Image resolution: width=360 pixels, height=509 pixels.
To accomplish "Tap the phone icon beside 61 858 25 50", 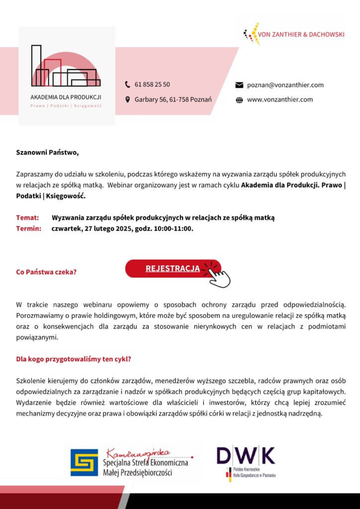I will pos(128,85).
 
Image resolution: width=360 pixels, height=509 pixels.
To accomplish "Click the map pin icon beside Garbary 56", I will pos(128,99).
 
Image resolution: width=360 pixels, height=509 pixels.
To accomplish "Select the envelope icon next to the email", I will pos(239,85).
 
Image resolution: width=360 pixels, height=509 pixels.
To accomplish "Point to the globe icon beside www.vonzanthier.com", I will pos(239,99).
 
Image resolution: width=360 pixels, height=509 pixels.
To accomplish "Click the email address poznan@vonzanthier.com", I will pos(285,85).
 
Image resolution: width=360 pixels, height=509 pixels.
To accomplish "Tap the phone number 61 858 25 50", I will pos(152,85).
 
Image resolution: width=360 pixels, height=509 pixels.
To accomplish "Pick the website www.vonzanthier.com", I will pos(280,99).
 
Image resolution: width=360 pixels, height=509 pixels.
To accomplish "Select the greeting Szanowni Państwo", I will pos(47,153).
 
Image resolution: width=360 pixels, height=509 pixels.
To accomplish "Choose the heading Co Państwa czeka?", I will pos(46,272).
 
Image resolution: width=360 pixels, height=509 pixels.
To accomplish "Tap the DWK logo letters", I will pos(246,455).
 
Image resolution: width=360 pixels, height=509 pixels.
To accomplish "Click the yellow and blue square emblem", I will pos(84,462).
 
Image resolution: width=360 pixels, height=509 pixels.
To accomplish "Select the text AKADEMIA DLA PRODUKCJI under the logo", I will pos(66,96).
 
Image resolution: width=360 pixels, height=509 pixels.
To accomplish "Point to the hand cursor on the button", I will pos(219,275).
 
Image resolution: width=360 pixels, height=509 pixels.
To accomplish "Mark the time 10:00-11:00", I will pos(172,229).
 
